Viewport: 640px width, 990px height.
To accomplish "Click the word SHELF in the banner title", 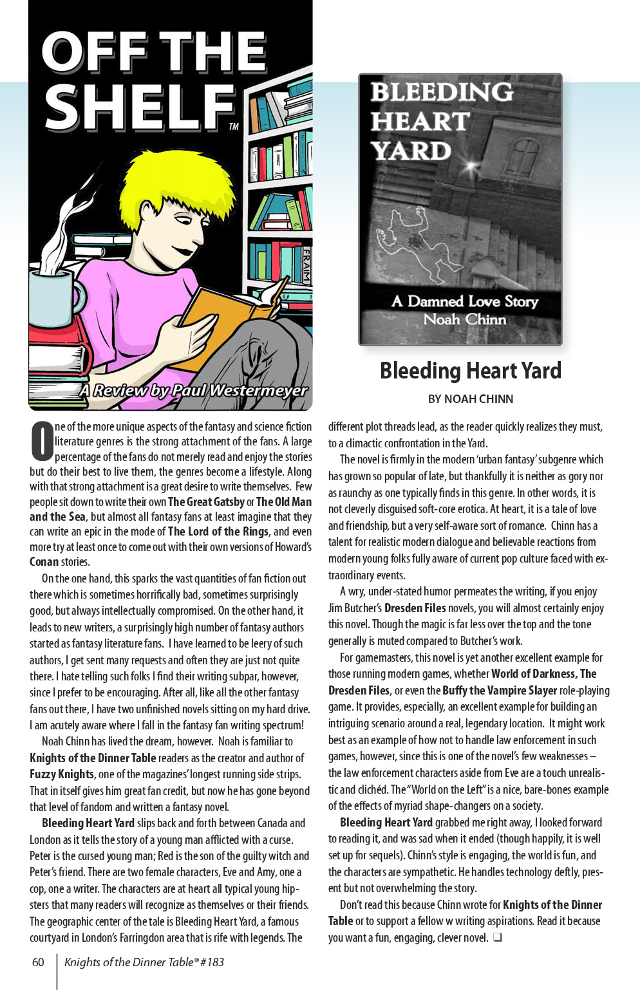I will pyautogui.click(x=138, y=107).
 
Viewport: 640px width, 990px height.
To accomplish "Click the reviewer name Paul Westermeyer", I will pyautogui.click(x=229, y=390).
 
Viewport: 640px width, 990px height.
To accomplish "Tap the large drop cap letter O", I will pyautogui.click(x=41, y=441).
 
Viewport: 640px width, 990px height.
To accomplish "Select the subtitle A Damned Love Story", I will pyautogui.click(x=464, y=301).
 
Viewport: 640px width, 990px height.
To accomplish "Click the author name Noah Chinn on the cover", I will pyautogui.click(x=464, y=319).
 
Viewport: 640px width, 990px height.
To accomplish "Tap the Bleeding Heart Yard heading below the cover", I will pyautogui.click(x=470, y=371).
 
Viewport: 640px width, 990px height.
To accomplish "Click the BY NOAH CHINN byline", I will pyautogui.click(x=470, y=399).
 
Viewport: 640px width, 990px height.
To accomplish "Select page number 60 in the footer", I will pyautogui.click(x=38, y=962).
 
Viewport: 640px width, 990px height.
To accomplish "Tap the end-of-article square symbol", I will pyautogui.click(x=497, y=937).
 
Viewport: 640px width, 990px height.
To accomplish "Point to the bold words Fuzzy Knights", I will pyautogui.click(x=62, y=774).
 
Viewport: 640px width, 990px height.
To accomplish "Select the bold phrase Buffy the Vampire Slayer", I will pyautogui.click(x=500, y=690).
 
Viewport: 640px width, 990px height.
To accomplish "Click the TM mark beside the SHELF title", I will pyautogui.click(x=234, y=127).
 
